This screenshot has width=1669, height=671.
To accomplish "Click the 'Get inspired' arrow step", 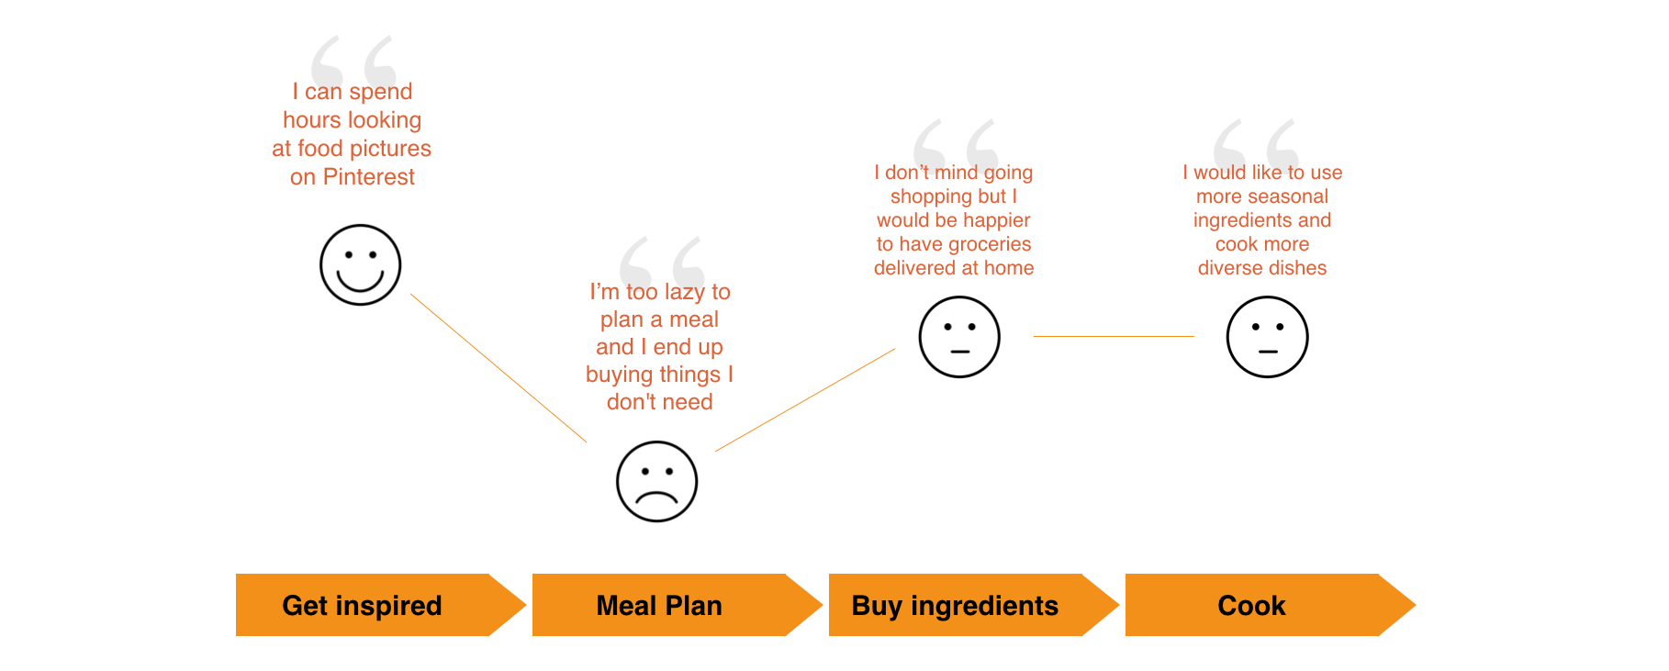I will pyautogui.click(x=363, y=605).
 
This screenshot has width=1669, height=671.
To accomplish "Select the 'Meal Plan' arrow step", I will pyautogui.click(x=659, y=605).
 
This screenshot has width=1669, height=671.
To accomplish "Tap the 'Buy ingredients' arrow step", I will pyautogui.click(x=955, y=605).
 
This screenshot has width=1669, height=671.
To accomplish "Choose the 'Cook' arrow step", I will pyautogui.click(x=1251, y=605).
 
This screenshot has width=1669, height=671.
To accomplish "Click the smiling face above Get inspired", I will pyautogui.click(x=360, y=264).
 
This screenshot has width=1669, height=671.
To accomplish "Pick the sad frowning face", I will pyautogui.click(x=656, y=481).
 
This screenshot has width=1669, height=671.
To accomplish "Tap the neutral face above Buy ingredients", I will pyautogui.click(x=959, y=336).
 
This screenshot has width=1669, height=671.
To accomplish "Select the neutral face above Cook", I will pyautogui.click(x=1267, y=336).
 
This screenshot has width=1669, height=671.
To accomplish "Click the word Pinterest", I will pyautogui.click(x=369, y=177).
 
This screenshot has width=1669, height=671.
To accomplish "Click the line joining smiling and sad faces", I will pyautogui.click(x=498, y=367).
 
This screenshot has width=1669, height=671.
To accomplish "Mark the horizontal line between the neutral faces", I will pyautogui.click(x=1114, y=336).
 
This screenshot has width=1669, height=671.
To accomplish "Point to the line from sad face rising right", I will pyautogui.click(x=805, y=399).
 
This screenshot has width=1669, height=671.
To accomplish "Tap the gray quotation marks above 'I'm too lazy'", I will pyautogui.click(x=662, y=261).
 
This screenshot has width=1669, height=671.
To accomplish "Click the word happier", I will pyautogui.click(x=996, y=220).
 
